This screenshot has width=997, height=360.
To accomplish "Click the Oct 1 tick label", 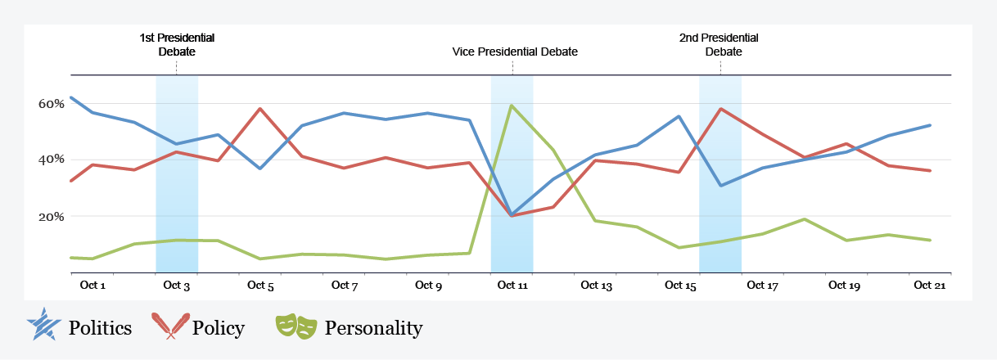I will pos(92,286).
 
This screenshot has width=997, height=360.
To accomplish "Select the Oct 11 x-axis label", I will pos(512,286).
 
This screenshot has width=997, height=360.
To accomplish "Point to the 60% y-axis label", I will pos(52,104).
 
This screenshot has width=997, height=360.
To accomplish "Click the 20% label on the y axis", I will pos(52,217).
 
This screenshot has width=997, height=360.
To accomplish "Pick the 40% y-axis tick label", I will pos(52,160).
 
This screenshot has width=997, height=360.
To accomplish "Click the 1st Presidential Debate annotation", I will pos(177,45).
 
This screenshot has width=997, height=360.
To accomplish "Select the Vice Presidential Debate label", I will pos(515,52).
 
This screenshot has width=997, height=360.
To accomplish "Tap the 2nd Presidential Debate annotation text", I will pos(720,45).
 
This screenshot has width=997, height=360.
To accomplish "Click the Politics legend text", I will pos(100,329).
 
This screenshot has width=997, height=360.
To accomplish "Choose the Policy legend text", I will pos(218,329).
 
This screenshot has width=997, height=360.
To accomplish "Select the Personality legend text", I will pos(373,329).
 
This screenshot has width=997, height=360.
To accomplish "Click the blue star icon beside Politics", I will pos(43,326).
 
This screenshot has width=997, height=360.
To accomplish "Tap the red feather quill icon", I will pos(171,326).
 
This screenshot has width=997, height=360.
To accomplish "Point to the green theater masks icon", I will pos(296,326).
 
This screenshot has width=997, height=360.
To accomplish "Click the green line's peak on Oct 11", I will pos(512,106).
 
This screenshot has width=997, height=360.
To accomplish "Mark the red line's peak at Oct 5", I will pos(260,109).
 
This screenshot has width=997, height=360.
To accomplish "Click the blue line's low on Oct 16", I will pos(720,186).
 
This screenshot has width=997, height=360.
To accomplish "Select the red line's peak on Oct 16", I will pos(720,109).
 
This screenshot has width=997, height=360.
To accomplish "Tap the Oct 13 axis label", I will pos(596,286).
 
